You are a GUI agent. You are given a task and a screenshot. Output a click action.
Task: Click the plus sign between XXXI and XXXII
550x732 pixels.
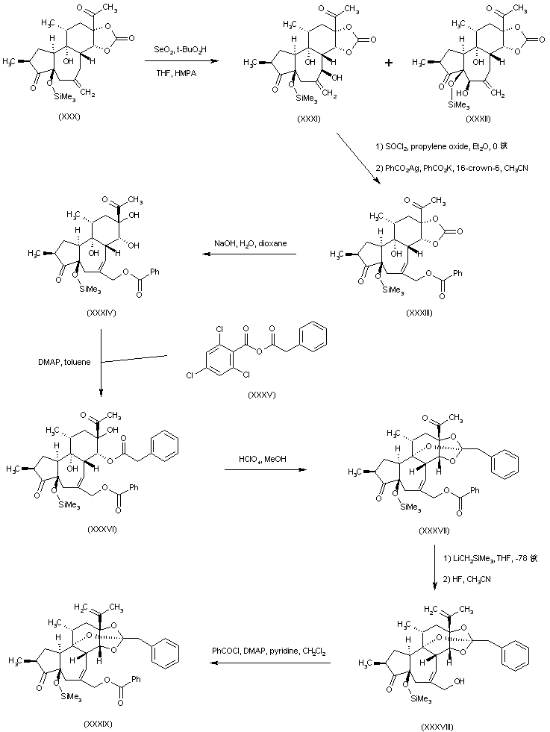[x=389, y=64]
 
